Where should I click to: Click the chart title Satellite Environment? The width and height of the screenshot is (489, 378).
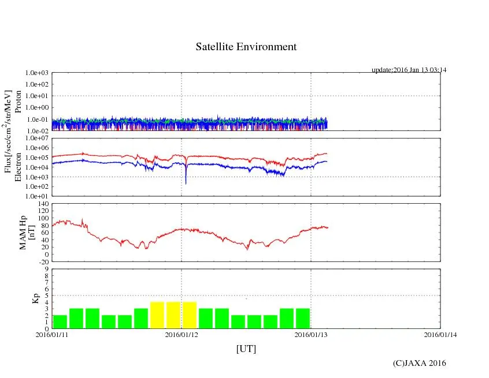pyautogui.click(x=246, y=47)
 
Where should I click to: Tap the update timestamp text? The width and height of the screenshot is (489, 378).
pyautogui.click(x=409, y=70)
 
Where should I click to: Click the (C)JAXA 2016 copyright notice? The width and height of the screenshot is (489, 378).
pyautogui.click(x=419, y=363)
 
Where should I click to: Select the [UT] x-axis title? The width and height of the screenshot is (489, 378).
pyautogui.click(x=246, y=349)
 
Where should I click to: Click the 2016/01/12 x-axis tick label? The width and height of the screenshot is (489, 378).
pyautogui.click(x=181, y=334)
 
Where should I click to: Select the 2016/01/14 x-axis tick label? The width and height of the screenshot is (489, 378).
pyautogui.click(x=440, y=334)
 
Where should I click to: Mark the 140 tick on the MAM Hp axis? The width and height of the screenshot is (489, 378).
pyautogui.click(x=42, y=204)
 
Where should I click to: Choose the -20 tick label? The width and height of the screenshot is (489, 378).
pyautogui.click(x=42, y=261)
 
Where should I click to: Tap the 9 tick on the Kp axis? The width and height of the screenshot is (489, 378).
pyautogui.click(x=45, y=269)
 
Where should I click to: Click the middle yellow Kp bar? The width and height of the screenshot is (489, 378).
pyautogui.click(x=173, y=315)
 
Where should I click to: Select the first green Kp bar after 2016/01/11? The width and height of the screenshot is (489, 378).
pyautogui.click(x=60, y=321)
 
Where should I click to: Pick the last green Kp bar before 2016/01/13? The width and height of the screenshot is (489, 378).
pyautogui.click(x=303, y=318)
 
